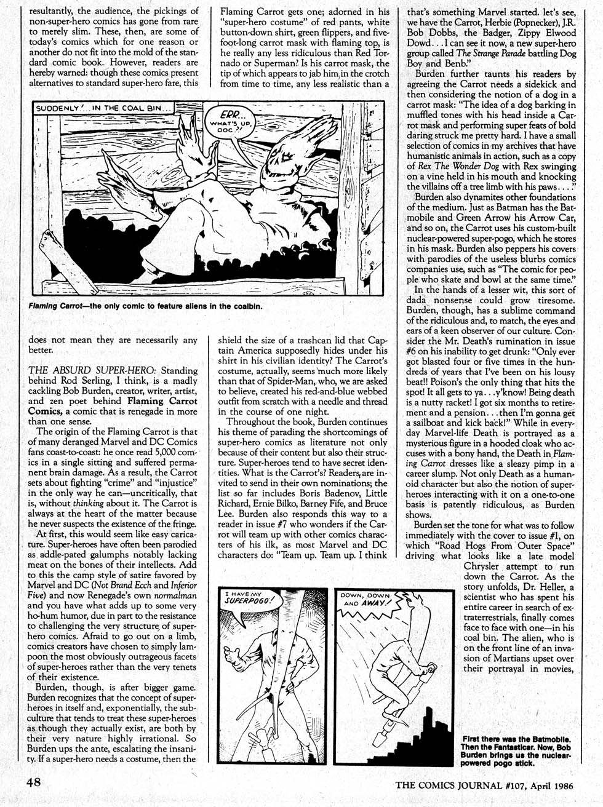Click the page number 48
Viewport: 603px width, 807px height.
(x=33, y=783)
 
